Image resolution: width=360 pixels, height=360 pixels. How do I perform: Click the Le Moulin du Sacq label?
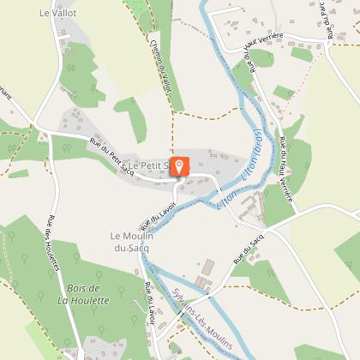tap(131, 241)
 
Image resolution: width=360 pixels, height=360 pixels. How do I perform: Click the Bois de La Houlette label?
tap(83, 294)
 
